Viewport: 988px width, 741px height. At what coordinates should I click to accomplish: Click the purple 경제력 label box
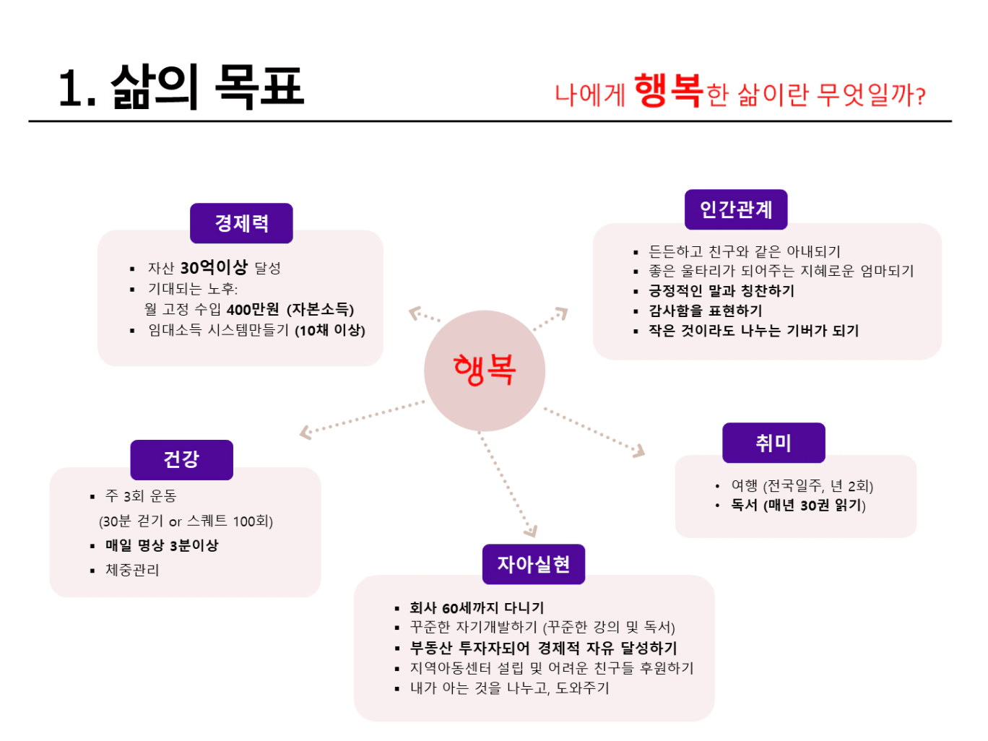pos(241,223)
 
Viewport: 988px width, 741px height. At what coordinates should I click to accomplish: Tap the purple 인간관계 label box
pos(736,209)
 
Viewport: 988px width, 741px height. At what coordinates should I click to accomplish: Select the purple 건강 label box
pos(181,459)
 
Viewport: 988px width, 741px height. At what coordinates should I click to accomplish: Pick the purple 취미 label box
pos(773,443)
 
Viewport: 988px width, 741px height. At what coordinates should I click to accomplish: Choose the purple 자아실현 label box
pos(534,564)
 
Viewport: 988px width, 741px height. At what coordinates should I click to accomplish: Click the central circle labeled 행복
pos(485,370)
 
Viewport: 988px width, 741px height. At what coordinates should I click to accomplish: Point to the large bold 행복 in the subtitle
pos(668,91)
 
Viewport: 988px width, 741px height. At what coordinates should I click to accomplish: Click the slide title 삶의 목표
pos(208,87)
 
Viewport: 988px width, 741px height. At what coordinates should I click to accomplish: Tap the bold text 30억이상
pos(214,268)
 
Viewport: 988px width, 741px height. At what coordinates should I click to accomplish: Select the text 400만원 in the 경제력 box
pos(252,310)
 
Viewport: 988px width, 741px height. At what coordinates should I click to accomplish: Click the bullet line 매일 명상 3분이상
pos(162,545)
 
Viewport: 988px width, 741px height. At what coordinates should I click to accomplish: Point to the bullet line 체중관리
pos(132,570)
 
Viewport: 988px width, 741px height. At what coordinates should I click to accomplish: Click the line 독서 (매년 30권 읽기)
pos(798,505)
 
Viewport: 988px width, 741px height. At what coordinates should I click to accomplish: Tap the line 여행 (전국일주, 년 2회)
pos(802,485)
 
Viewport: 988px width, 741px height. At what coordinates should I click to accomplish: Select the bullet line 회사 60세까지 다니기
pos(477,607)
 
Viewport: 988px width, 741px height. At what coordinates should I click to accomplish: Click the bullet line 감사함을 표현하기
pos(705,311)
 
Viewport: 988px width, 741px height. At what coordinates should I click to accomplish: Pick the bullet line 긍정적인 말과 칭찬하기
pos(721,290)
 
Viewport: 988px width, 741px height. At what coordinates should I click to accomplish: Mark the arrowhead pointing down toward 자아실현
pos(531,532)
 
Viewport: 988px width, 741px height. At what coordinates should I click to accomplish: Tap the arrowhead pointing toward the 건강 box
pos(306,433)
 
